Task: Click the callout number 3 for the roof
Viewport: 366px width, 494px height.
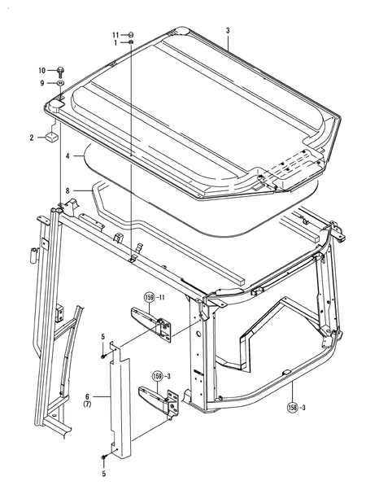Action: (229, 31)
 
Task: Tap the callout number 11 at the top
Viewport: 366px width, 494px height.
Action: (115, 34)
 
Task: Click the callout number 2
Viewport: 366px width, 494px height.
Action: (32, 138)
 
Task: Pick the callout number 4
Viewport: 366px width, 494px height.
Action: (70, 155)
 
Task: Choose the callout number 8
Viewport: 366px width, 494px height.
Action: (70, 190)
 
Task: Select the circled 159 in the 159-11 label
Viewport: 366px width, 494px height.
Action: (150, 297)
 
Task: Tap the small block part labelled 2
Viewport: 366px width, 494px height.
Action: (51, 136)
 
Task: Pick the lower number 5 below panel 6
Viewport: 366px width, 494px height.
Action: (102, 472)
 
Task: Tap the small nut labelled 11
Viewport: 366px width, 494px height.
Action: (131, 35)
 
